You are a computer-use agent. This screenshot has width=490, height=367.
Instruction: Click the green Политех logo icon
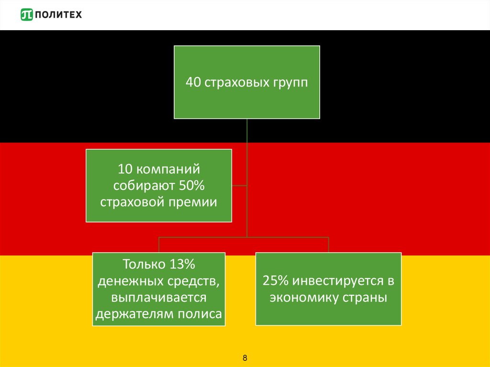[x=27, y=15]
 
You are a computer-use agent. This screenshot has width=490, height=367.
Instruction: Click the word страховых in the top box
[x=233, y=82]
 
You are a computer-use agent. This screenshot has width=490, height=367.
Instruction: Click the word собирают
[x=144, y=186]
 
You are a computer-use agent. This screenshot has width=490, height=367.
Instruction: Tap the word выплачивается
[x=159, y=298]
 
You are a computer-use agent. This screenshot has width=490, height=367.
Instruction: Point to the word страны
[x=364, y=298]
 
